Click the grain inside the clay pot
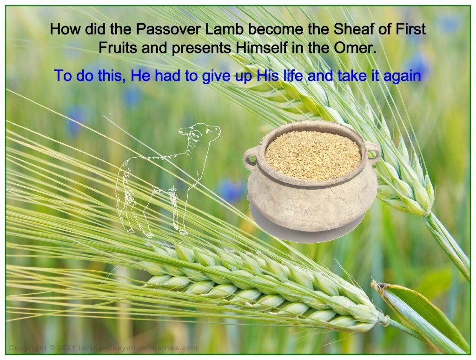click(312, 149)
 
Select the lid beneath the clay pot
click(307, 228)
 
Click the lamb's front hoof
click(184, 231)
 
